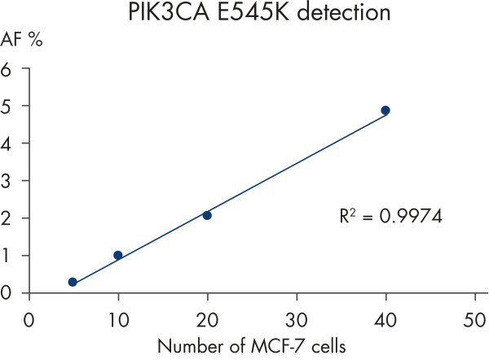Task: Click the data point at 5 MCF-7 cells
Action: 73,282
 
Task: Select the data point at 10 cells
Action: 117,255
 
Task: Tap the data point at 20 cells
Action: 207,215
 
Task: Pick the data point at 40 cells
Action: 385,110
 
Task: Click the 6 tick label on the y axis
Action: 8,69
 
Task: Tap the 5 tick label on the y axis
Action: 8,106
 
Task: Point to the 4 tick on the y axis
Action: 8,143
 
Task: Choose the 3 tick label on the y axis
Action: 8,181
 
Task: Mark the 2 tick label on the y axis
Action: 8,218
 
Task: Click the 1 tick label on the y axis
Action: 8,256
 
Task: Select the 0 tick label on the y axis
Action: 8,292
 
